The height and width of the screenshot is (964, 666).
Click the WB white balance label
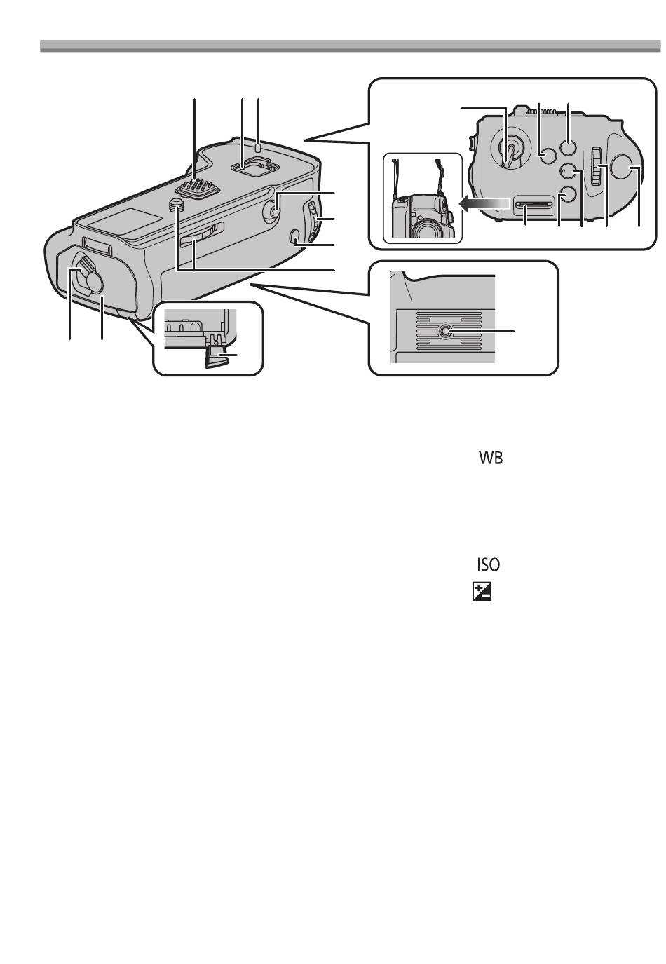(491, 458)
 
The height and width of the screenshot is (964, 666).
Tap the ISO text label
(489, 564)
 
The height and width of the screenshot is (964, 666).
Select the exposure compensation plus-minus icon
(482, 592)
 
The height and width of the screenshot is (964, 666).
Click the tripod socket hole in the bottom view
(445, 331)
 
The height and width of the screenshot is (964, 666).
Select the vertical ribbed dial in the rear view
(596, 166)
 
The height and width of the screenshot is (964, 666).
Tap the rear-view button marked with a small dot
(569, 171)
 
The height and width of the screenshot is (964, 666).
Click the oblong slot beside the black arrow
(534, 205)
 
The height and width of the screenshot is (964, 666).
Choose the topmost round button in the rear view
(569, 147)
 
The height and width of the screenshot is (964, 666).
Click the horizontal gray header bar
(351, 46)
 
